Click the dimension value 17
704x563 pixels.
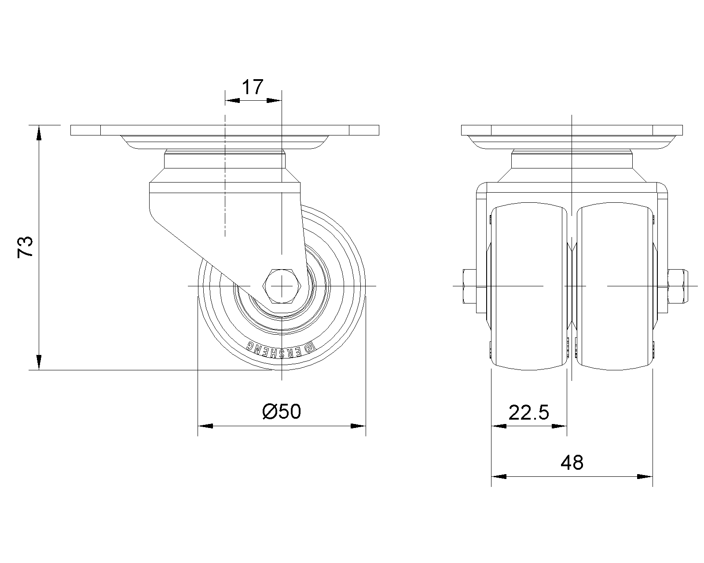pos(253,87)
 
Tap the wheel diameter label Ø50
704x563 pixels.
pos(282,412)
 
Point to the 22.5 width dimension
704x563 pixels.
pos(529,413)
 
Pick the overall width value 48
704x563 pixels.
pos(572,462)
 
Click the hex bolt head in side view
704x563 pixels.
pos(282,286)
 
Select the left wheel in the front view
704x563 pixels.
pos(528,286)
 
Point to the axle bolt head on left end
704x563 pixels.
pos(469,286)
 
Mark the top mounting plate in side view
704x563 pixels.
pos(224,130)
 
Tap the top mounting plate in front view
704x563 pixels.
pos(572,130)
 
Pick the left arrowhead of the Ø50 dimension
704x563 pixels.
pos(205,426)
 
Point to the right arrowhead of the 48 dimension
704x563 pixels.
pos(645,476)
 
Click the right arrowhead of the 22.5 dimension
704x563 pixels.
pos(559,426)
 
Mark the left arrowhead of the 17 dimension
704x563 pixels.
pos(232,100)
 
